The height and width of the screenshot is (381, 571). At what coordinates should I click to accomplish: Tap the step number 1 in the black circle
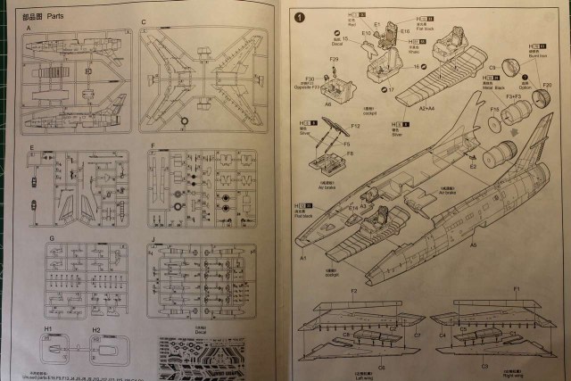(x=300, y=16)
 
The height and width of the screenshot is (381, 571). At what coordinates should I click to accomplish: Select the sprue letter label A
(x=29, y=29)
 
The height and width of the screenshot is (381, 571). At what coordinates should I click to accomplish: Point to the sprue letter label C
(x=144, y=21)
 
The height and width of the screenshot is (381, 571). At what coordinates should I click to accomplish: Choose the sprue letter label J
(x=153, y=238)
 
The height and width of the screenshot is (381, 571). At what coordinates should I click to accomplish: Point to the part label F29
(x=334, y=60)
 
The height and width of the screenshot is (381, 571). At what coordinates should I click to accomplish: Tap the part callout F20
(x=547, y=85)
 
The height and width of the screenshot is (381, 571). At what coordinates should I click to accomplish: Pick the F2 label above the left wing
(x=354, y=292)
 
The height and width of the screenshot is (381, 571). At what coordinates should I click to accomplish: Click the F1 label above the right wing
(x=516, y=292)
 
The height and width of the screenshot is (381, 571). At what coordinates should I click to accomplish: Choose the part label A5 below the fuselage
(x=473, y=244)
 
